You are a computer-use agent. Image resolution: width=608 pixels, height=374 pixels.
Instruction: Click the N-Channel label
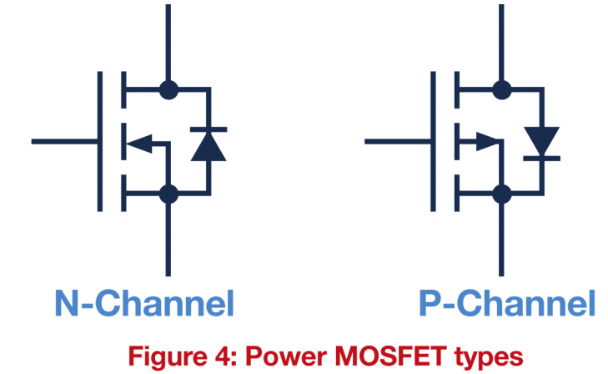(x=143, y=304)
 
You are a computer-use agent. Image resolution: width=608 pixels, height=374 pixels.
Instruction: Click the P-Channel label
(x=507, y=304)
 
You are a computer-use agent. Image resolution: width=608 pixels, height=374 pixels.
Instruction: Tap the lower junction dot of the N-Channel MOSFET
(x=168, y=194)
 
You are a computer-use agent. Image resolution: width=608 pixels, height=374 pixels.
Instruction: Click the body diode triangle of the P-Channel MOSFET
(x=541, y=140)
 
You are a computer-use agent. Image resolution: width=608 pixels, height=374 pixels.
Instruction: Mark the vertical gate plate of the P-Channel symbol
(x=434, y=140)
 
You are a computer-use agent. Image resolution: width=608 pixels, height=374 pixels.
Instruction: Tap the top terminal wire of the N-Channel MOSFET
(x=168, y=42)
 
